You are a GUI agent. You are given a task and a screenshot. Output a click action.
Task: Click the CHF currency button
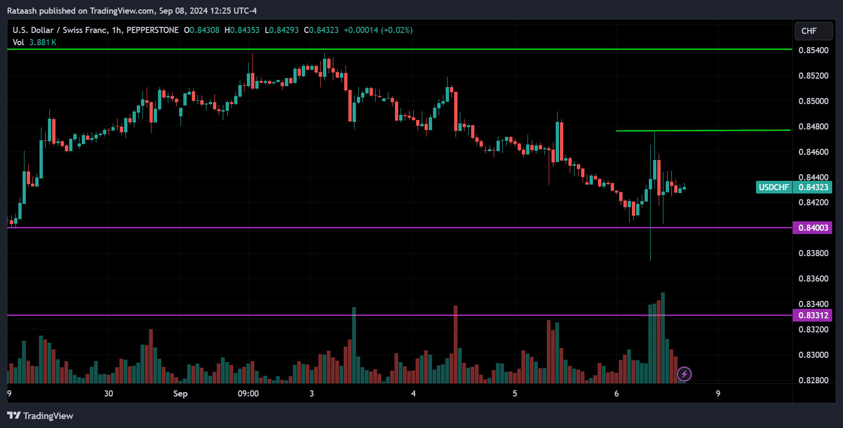813,31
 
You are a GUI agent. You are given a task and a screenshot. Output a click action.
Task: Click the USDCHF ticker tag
774,187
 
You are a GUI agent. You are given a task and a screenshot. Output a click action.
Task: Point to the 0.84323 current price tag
813,187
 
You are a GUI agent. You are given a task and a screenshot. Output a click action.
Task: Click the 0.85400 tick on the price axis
813,50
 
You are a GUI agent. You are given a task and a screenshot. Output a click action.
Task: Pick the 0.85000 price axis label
813,101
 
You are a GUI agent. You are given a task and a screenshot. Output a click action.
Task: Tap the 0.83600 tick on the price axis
813,279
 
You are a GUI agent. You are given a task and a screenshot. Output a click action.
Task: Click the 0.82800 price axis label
813,380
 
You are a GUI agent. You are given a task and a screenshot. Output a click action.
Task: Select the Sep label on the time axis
180,394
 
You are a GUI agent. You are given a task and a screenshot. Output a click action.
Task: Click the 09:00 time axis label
248,394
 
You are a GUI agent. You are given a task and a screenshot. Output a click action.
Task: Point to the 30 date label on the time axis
109,394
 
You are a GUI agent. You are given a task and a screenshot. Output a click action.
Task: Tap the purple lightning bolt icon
684,374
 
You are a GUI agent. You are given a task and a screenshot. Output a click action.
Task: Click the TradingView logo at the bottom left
40,416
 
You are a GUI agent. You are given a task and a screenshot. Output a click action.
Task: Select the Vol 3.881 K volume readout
34,42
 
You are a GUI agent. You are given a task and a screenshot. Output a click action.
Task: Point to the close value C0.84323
321,30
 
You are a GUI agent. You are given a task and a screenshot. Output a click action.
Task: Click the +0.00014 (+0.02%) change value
378,30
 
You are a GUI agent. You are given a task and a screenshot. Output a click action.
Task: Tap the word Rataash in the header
22,11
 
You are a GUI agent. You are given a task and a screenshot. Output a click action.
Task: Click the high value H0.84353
242,30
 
